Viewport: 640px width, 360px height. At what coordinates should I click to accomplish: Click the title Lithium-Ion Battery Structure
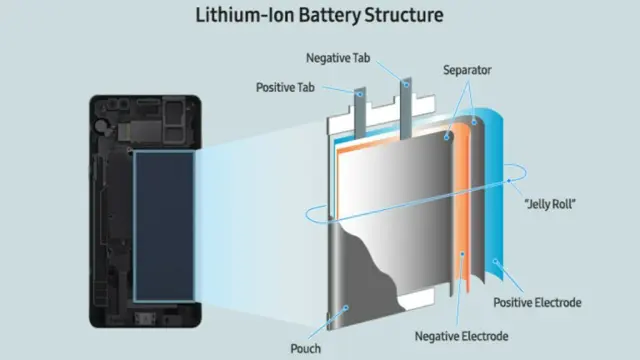click(x=319, y=15)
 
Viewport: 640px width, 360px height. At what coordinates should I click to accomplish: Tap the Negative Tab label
click(x=338, y=58)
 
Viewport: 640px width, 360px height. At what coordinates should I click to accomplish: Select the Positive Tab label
click(x=285, y=87)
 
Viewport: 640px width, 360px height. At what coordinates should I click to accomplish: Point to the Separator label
click(x=467, y=70)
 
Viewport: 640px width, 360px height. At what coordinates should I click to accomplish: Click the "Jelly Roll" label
click(x=550, y=203)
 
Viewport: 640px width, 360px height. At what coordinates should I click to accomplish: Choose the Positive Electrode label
click(x=537, y=302)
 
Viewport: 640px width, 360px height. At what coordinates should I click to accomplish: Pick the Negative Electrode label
click(x=461, y=336)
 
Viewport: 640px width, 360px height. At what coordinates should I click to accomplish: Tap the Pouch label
click(x=305, y=349)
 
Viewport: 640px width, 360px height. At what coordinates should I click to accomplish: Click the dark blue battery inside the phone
click(x=164, y=227)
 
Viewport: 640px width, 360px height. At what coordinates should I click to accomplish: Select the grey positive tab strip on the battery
click(x=360, y=113)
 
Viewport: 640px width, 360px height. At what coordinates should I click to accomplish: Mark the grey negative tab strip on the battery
click(x=406, y=108)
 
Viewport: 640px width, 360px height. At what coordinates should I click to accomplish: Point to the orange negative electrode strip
click(x=462, y=208)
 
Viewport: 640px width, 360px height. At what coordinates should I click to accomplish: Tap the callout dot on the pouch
click(x=346, y=308)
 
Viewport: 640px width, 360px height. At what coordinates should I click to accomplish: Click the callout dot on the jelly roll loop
click(x=509, y=180)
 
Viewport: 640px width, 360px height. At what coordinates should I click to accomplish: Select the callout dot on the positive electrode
click(x=495, y=261)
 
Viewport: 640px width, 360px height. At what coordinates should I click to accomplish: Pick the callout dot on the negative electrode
click(x=462, y=254)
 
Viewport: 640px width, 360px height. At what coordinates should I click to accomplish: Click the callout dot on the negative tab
click(x=406, y=85)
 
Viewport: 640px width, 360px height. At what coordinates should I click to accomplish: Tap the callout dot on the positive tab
click(x=360, y=94)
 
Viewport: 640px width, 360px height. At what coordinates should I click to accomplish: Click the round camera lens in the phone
click(x=100, y=127)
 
